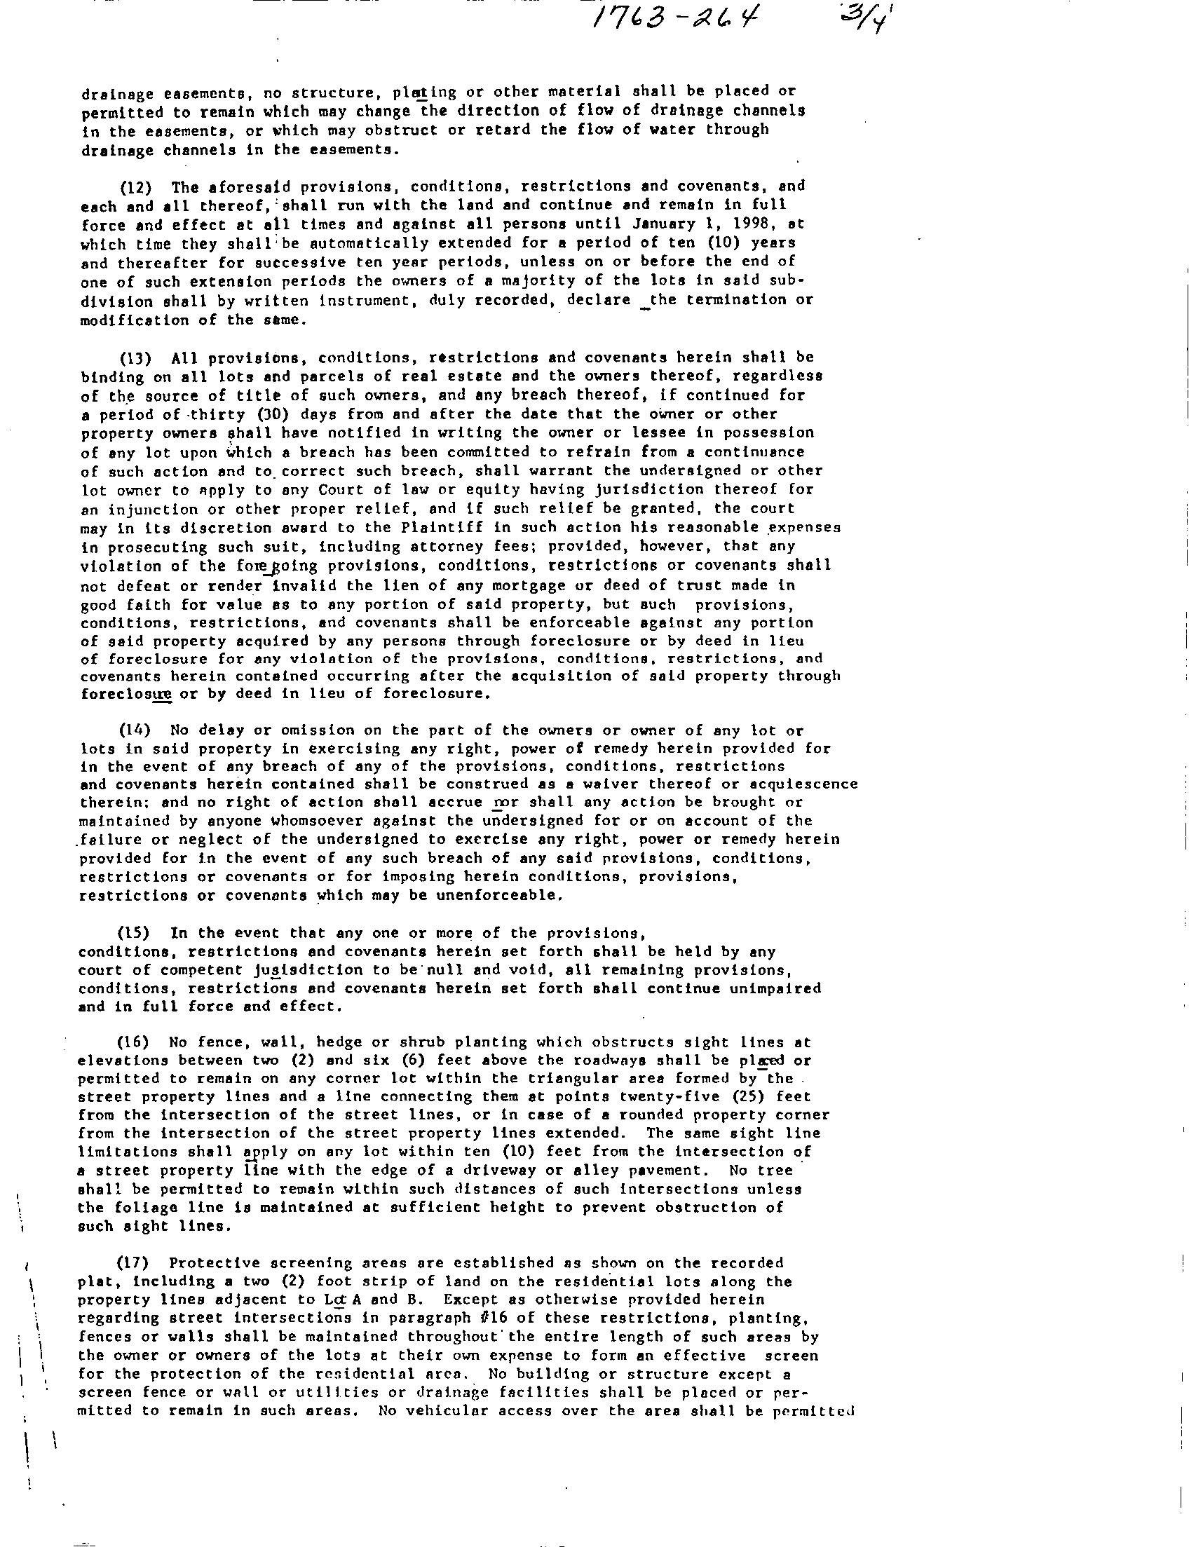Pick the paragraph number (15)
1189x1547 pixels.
(x=133, y=933)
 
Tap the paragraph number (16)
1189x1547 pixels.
(x=133, y=1042)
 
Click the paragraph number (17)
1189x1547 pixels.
(x=133, y=1263)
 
